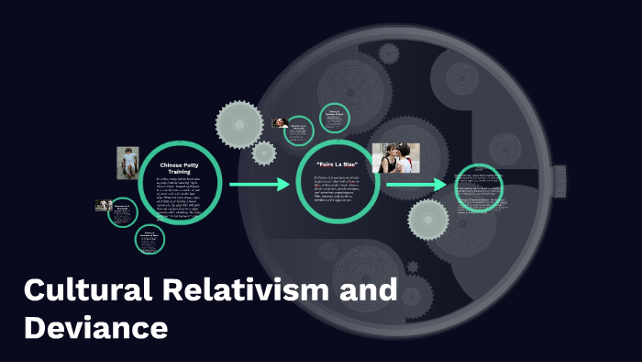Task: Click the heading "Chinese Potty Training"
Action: click(x=180, y=167)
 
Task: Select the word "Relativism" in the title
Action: click(x=243, y=292)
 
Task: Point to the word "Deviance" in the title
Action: click(x=96, y=327)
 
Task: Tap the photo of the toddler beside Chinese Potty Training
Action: click(x=127, y=163)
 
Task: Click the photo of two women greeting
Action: click(x=395, y=157)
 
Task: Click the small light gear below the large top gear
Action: click(x=264, y=153)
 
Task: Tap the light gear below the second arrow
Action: click(x=428, y=221)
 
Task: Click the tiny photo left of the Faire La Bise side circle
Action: click(x=281, y=123)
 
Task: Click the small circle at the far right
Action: click(x=480, y=187)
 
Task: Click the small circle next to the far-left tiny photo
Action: click(x=123, y=211)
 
